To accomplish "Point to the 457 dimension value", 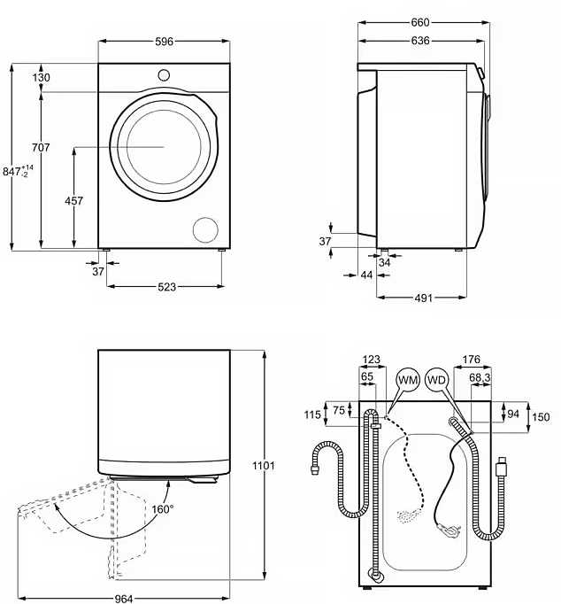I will (74, 201).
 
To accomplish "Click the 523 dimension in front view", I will (166, 286).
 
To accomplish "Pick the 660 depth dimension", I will (420, 22).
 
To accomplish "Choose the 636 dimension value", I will (420, 41).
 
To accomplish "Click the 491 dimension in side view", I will (423, 298).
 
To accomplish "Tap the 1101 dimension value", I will (264, 466).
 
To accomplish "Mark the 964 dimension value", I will (123, 599).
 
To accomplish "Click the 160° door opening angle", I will (162, 508).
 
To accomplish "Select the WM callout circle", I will (407, 380).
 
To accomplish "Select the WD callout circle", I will (437, 380).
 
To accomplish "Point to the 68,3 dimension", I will (480, 378).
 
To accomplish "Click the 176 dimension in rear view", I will (471, 360).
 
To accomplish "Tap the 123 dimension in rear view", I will (372, 360).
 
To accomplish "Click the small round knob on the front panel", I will (164, 74).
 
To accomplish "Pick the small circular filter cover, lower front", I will (205, 228).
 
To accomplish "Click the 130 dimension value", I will (41, 78).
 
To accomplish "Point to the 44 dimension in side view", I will (366, 275).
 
